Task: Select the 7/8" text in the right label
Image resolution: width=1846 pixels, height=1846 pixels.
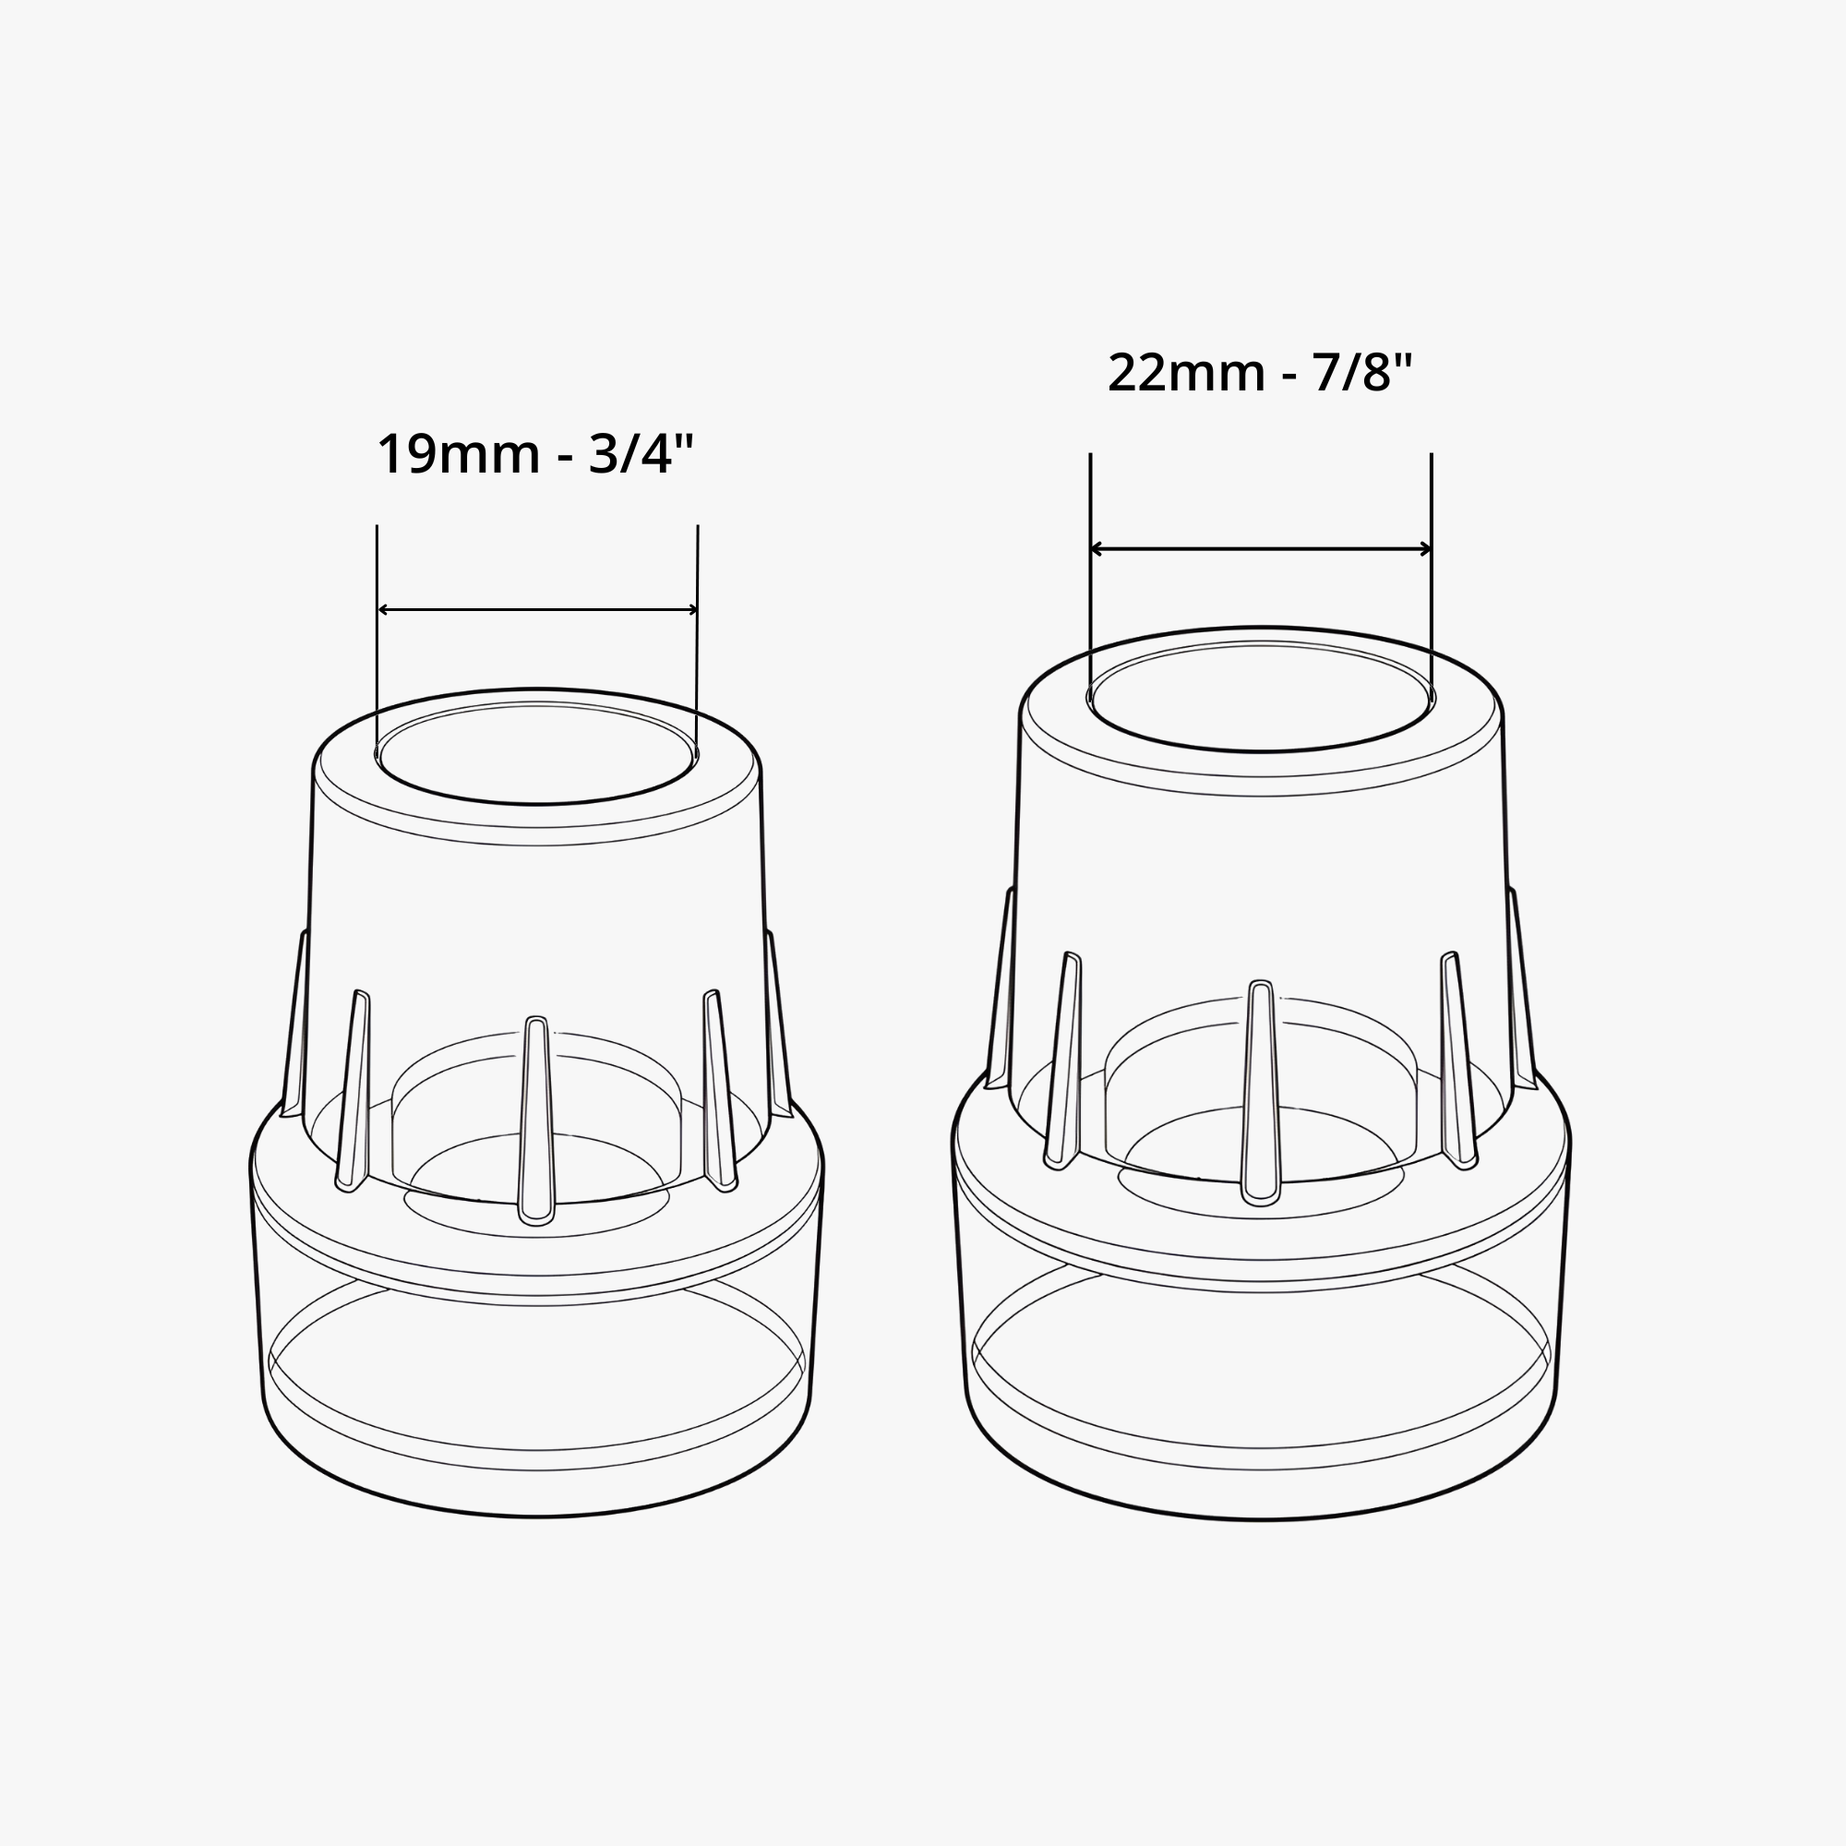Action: point(1361,373)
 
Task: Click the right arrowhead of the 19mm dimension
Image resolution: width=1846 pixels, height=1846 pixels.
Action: point(691,609)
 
